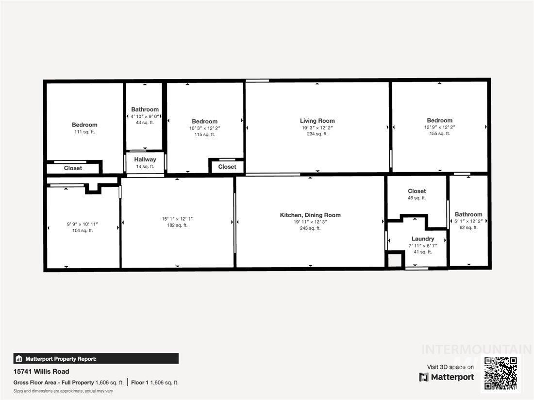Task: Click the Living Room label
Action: (x=317, y=121)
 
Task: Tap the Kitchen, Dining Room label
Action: (x=310, y=215)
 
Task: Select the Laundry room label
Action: (x=422, y=239)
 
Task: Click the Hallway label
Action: (x=145, y=160)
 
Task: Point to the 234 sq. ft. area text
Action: (x=317, y=134)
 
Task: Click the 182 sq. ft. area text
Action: (x=177, y=225)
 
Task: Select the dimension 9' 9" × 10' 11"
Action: (x=83, y=224)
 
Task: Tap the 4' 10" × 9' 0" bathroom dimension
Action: (x=145, y=116)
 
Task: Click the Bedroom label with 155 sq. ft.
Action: (x=439, y=120)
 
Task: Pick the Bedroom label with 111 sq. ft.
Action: (x=84, y=125)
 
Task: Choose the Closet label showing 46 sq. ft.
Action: (x=417, y=191)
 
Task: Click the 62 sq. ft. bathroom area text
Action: (x=468, y=227)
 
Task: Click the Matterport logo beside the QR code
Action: (x=447, y=377)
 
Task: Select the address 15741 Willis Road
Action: (x=41, y=371)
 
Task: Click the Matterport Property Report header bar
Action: (x=96, y=359)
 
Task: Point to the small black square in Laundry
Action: (x=395, y=259)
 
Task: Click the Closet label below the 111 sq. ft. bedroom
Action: (x=73, y=168)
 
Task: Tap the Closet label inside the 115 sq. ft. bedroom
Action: (x=227, y=167)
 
